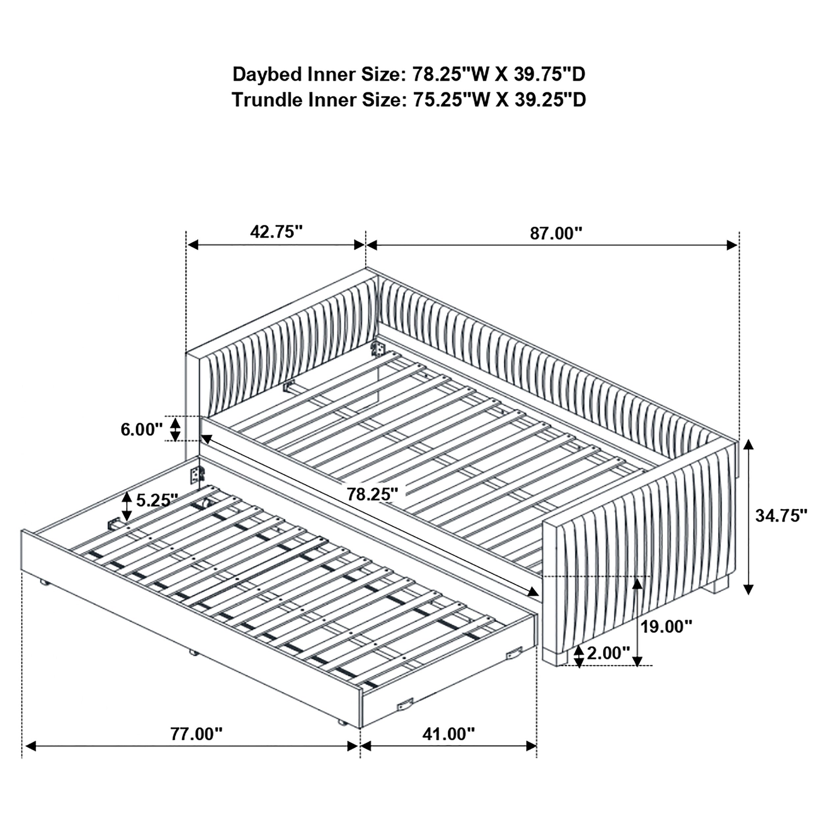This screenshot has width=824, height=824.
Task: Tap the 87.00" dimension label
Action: click(x=556, y=234)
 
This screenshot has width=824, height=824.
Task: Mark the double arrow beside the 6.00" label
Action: click(x=175, y=429)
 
